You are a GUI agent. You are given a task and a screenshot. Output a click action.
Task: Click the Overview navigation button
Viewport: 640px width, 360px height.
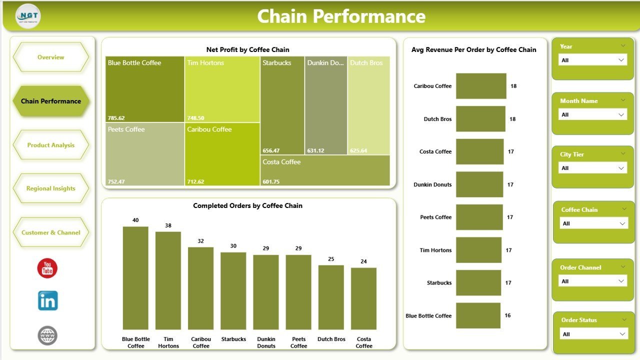50,57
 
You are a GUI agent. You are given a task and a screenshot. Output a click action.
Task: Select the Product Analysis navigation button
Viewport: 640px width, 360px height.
50,145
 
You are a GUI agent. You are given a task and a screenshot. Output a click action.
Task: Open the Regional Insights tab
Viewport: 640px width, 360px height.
50,188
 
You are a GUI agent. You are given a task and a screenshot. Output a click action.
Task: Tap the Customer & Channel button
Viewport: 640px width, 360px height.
50,232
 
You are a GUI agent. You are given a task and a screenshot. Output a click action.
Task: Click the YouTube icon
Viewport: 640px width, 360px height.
47,268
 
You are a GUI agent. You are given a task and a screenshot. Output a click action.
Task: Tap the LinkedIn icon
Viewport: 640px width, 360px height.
47,301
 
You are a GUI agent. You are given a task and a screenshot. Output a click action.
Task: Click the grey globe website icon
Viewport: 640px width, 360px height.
47,335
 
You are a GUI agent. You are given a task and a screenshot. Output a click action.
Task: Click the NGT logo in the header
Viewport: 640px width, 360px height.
28,16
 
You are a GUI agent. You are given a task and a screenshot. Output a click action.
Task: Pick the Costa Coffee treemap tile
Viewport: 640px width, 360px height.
324,170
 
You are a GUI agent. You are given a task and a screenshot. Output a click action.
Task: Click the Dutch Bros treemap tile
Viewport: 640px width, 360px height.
368,105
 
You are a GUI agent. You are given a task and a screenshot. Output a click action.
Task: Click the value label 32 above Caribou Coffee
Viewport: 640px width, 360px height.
200,241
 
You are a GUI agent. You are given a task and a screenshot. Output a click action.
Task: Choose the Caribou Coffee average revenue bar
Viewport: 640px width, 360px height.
481,86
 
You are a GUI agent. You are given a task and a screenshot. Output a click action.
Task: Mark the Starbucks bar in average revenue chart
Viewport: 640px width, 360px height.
478,283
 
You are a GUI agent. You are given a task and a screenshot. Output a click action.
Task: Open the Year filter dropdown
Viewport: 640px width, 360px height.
592,60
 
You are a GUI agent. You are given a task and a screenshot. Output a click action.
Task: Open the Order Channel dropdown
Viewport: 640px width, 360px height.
592,281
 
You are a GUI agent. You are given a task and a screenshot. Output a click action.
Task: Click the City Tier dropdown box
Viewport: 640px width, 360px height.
592,168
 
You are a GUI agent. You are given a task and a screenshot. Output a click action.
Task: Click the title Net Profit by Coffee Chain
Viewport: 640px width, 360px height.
247,49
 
